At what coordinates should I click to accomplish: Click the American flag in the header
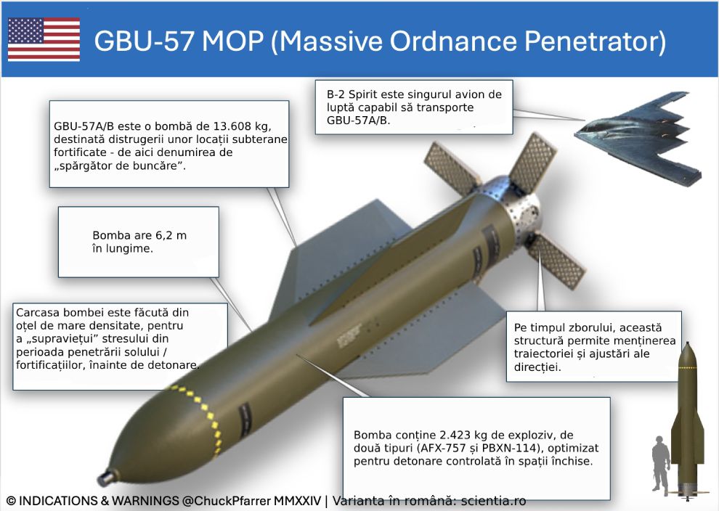44,39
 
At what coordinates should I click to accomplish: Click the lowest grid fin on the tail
558,261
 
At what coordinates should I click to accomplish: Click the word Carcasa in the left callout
38,312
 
